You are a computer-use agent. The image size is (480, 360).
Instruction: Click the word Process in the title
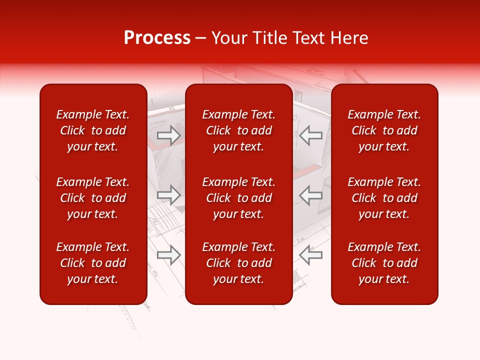(157, 38)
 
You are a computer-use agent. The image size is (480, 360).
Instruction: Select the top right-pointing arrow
(169, 135)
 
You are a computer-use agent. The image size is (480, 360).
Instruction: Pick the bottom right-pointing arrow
(169, 255)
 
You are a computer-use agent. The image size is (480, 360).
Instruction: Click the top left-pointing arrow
(311, 135)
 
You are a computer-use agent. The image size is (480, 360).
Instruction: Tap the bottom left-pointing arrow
(311, 255)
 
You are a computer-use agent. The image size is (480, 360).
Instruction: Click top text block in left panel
(93, 130)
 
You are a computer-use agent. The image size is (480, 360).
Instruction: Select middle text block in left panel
(93, 198)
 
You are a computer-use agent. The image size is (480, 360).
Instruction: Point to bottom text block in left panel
(93, 263)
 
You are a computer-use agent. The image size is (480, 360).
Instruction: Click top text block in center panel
(238, 130)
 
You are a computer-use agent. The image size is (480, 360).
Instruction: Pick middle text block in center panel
(238, 198)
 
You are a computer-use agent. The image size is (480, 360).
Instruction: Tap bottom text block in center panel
(238, 263)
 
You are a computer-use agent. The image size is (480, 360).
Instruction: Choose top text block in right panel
(384, 130)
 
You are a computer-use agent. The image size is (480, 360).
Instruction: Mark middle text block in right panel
(384, 198)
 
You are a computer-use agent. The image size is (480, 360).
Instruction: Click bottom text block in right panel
(384, 263)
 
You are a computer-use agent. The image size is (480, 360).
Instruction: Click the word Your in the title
(228, 38)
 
